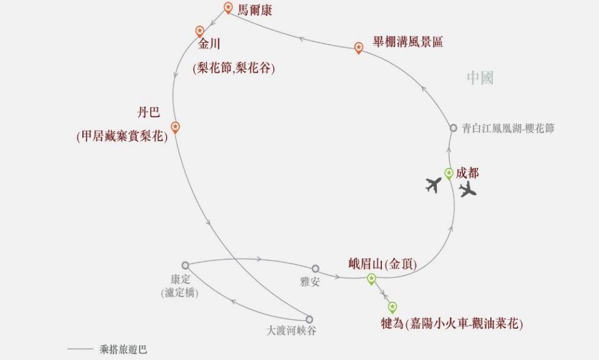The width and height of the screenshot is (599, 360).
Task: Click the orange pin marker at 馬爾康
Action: [x=228, y=7]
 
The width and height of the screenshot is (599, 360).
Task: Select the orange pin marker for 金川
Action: [x=199, y=31]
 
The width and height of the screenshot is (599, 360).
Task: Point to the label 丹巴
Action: [x=148, y=113]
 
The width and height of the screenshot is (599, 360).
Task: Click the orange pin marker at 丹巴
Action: [x=175, y=127]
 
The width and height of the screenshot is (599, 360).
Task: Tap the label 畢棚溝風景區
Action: [x=408, y=42]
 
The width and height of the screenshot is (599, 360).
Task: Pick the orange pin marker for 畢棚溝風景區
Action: [x=359, y=47]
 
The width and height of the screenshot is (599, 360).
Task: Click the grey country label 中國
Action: [x=480, y=77]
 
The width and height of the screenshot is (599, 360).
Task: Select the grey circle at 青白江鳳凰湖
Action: [x=453, y=128]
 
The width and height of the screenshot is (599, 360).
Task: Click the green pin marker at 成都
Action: [x=449, y=173]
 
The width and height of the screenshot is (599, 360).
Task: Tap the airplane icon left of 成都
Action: [x=434, y=184]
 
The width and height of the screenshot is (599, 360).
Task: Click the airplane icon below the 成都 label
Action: [x=468, y=190]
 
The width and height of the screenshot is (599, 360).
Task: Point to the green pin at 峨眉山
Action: [x=371, y=279]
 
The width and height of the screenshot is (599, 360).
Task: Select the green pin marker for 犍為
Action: [x=392, y=307]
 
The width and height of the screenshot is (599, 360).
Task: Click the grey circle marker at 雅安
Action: [x=315, y=268]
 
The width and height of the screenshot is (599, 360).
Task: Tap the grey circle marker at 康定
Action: [x=185, y=265]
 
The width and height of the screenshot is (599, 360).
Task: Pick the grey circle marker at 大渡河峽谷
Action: [x=309, y=319]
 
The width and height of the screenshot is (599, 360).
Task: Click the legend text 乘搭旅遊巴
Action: [x=123, y=350]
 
